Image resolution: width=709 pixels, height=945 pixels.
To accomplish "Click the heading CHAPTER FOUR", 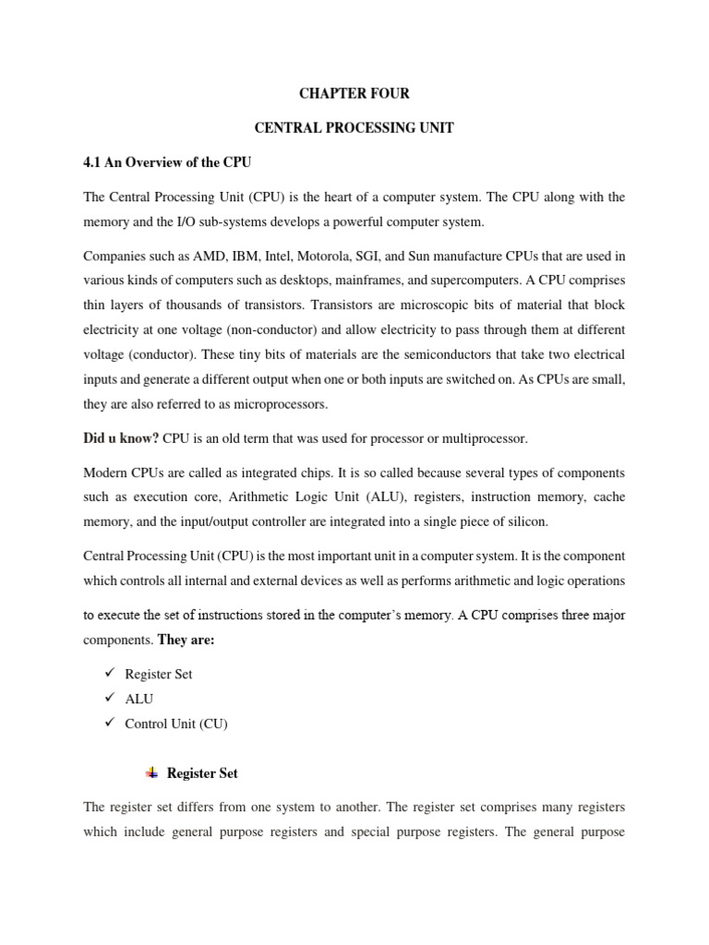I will tap(354, 94).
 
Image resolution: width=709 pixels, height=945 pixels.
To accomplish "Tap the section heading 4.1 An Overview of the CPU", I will tap(167, 162).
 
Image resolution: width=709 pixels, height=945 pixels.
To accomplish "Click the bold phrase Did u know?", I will tap(121, 438).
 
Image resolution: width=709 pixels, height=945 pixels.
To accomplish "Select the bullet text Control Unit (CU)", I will tap(175, 724).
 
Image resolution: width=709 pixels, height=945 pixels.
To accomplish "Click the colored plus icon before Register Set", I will tap(151, 772).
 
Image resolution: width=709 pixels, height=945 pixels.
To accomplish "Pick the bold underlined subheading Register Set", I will tap(202, 773).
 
